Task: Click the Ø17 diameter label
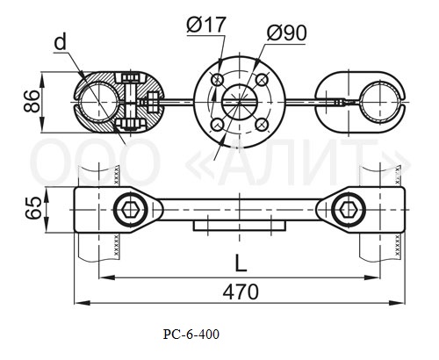206,25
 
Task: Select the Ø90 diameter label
286,32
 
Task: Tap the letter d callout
61,42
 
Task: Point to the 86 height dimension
32,101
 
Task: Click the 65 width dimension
32,208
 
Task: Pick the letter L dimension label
241,263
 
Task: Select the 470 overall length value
241,292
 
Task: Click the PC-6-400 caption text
191,335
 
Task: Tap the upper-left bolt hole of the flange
218,80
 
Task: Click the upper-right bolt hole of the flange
262,80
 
